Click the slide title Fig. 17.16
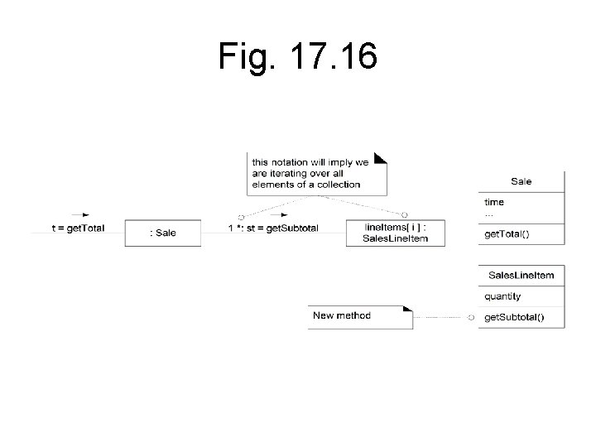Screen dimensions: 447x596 click(x=298, y=56)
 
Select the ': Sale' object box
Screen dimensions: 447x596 click(x=163, y=233)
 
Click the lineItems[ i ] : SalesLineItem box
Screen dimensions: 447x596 click(x=395, y=233)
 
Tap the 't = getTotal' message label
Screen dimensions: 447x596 click(x=78, y=228)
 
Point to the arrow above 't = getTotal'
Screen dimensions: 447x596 click(x=79, y=215)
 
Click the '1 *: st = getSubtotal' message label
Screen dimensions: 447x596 click(x=272, y=228)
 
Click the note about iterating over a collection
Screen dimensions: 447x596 click(x=315, y=173)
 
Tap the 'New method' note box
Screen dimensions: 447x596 click(x=359, y=316)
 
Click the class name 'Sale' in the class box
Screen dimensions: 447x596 click(x=521, y=181)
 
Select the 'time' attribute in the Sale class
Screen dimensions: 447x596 click(x=494, y=202)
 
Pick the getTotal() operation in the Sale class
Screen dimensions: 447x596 click(x=507, y=234)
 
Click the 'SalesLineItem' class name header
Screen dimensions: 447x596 click(x=521, y=275)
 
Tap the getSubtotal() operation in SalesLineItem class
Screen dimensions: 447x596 click(x=515, y=317)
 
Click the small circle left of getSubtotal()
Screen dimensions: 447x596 click(x=471, y=317)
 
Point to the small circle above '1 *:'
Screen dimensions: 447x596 click(x=240, y=216)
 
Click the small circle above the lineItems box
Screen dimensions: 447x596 click(x=405, y=215)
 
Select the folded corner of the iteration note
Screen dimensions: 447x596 click(x=381, y=157)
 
